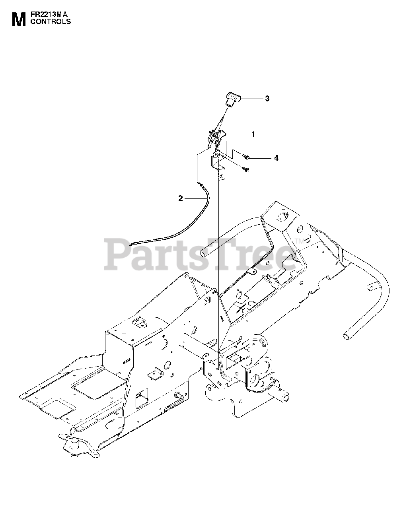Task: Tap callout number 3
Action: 267,99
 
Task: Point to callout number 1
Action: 253,134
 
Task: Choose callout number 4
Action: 276,158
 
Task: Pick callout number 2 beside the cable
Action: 181,198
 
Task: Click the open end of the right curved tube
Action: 346,336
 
